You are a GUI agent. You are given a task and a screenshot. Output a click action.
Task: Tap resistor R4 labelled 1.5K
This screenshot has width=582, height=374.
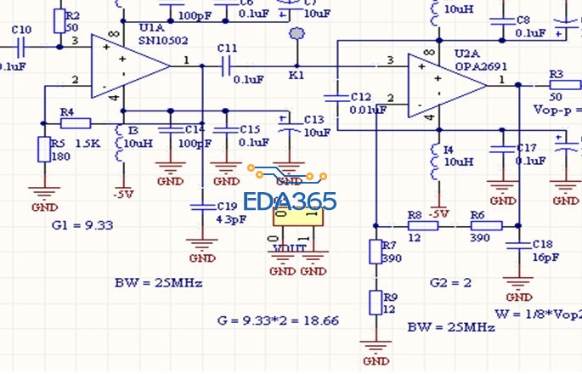pos(76,123)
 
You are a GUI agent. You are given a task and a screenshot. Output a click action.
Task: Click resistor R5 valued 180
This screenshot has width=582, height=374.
pos(44,150)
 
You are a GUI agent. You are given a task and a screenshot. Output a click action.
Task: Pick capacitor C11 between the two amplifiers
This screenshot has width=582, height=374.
pos(228,65)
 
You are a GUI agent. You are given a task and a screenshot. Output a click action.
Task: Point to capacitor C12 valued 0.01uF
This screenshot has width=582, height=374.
pos(337,97)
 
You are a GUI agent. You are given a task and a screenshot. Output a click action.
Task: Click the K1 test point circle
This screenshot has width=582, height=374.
pos(297,35)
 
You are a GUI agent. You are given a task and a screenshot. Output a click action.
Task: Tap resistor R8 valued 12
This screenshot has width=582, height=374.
pos(415,226)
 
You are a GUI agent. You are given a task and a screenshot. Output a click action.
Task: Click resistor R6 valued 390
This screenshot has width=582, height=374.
pos(488,226)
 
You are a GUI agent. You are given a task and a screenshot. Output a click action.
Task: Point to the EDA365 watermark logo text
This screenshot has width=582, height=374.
pos(290,202)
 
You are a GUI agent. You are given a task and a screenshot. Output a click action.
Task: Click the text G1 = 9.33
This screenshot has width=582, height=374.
pos(82,225)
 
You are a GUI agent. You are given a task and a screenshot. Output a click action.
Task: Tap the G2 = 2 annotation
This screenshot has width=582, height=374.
pos(449,281)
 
